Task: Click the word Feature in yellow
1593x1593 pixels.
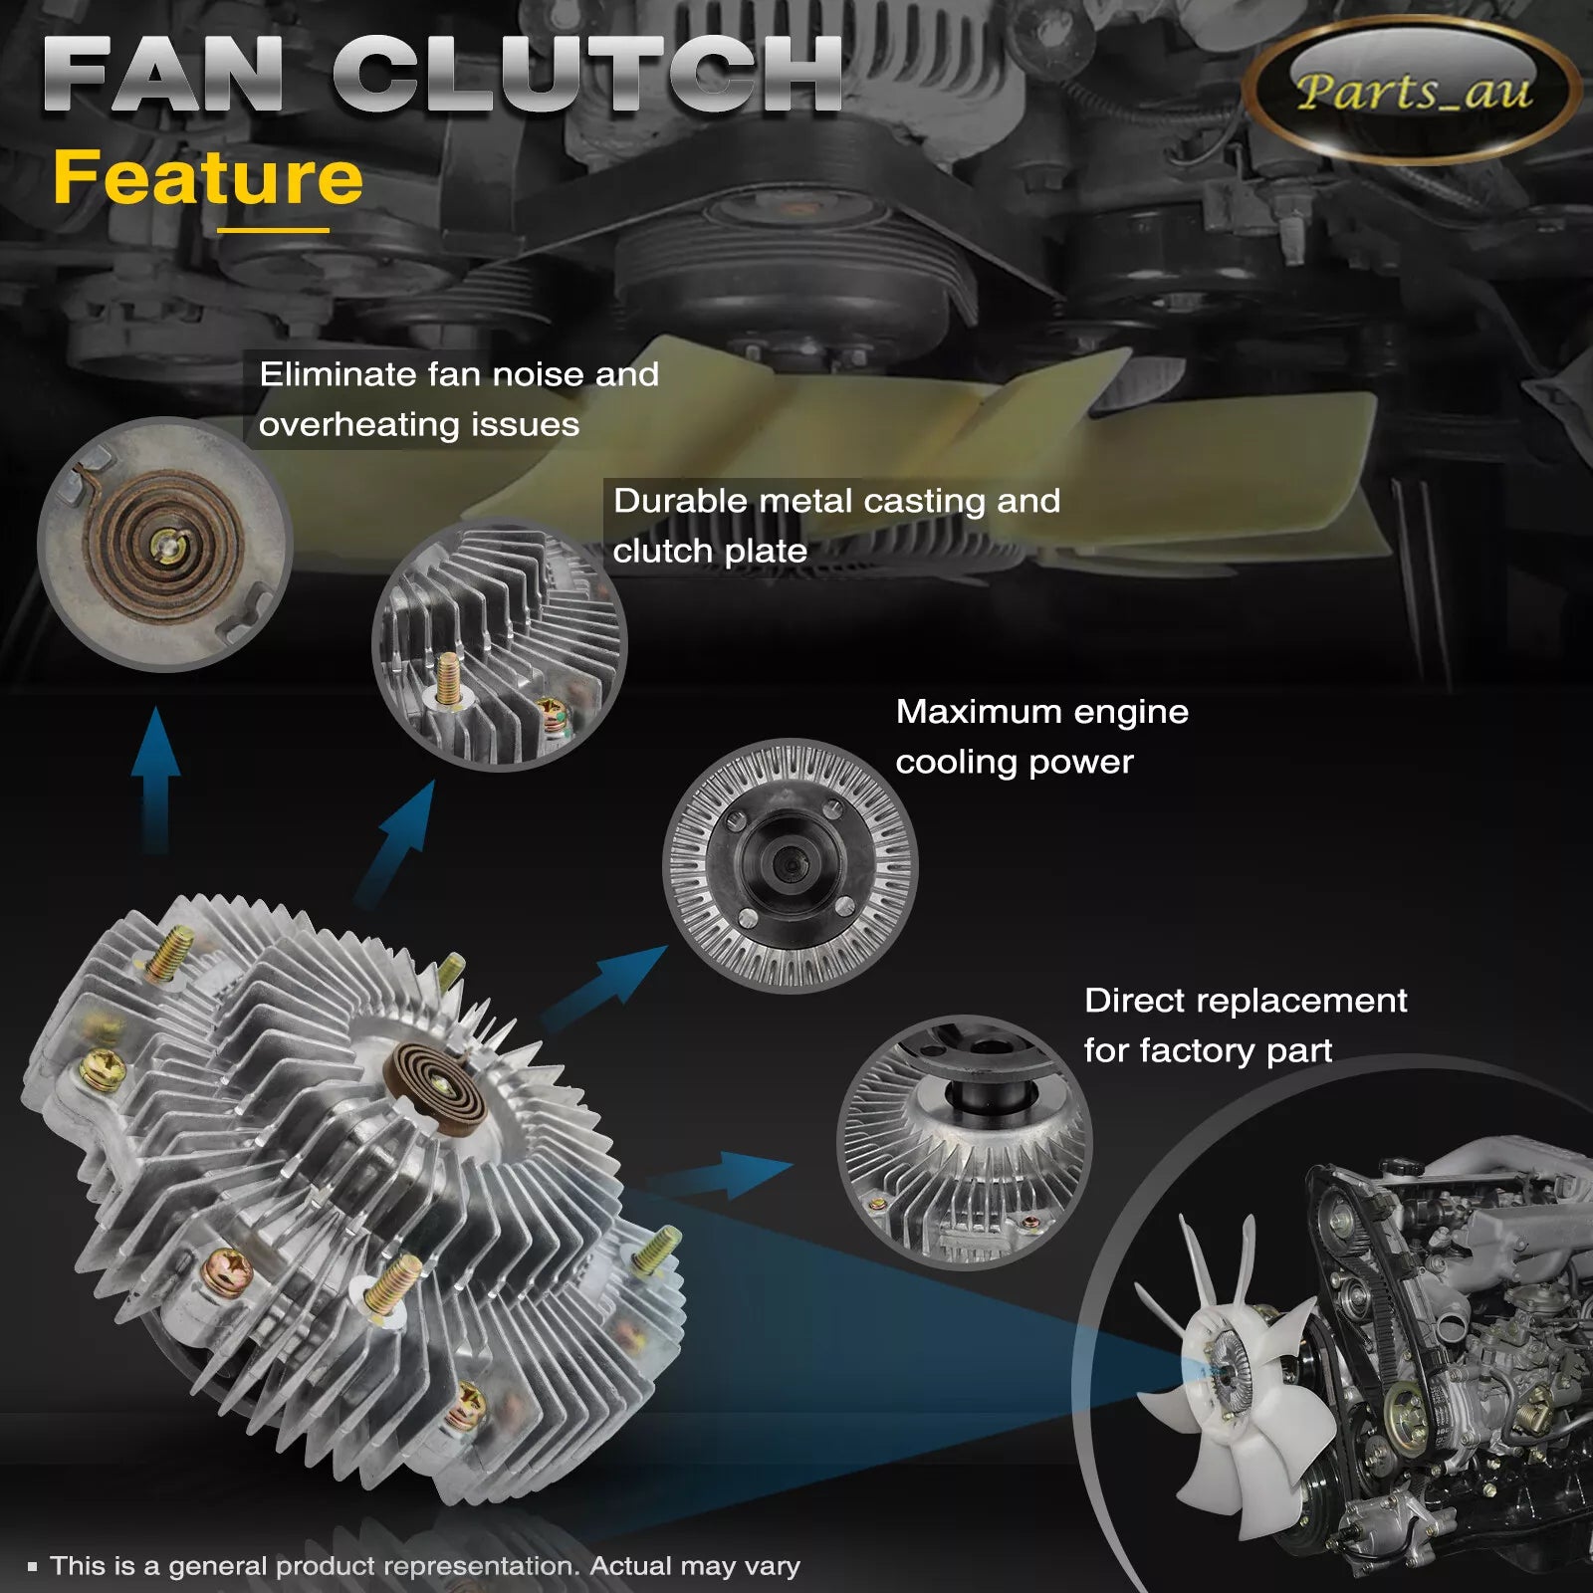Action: coord(208,178)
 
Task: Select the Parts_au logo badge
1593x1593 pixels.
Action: coord(1413,92)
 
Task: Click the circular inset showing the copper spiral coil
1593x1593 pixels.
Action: coord(164,544)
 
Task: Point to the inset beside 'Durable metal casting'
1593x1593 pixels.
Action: coord(500,644)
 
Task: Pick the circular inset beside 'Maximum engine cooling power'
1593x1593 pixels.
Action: coord(790,865)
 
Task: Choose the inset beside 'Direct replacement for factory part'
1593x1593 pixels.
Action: coord(964,1142)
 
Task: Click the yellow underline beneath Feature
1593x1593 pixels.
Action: coord(273,230)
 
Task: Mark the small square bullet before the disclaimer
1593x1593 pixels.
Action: coord(33,1567)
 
